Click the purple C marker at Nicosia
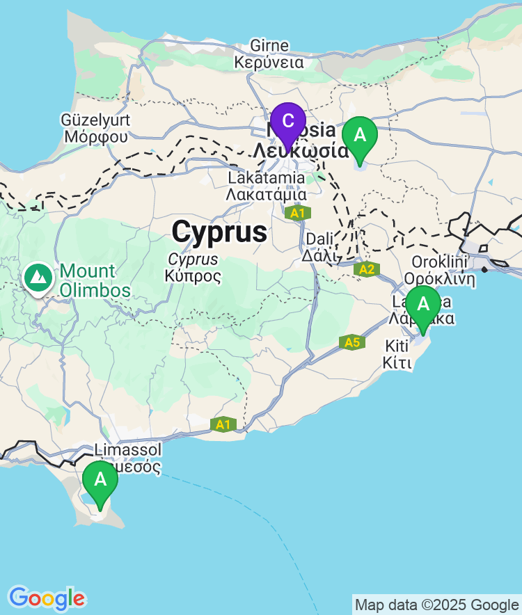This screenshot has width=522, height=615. [x=287, y=122]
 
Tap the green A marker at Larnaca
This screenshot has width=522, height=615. [x=422, y=305]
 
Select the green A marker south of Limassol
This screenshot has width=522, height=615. [x=100, y=480]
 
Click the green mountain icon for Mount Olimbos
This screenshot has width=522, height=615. [x=38, y=278]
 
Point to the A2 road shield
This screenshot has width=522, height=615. [x=367, y=269]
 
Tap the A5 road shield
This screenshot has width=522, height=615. [x=352, y=342]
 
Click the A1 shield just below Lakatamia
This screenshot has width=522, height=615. [x=297, y=213]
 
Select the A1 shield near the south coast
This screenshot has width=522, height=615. [x=223, y=424]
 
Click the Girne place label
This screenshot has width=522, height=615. [x=269, y=46]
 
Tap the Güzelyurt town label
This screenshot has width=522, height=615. [x=95, y=120]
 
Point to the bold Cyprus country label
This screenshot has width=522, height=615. [x=219, y=232]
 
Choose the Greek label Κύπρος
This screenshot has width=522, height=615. [x=193, y=276]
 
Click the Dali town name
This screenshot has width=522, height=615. [x=320, y=239]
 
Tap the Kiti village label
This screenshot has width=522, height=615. [x=397, y=346]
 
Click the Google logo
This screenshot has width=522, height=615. [x=47, y=598]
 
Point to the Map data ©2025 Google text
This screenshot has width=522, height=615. [x=436, y=605]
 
